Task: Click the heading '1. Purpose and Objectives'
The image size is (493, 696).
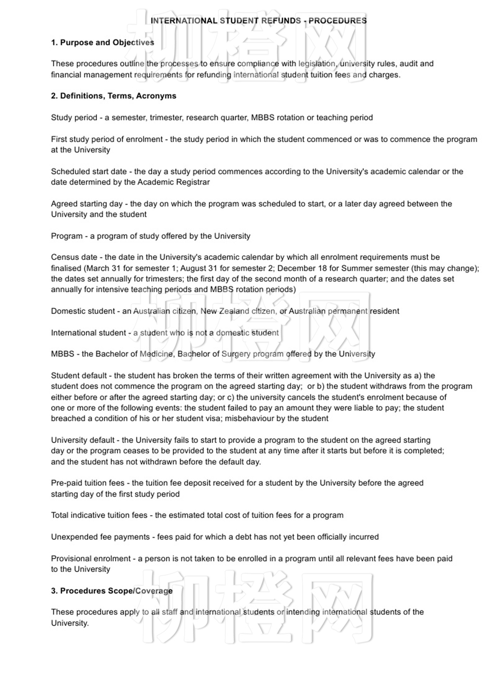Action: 102,43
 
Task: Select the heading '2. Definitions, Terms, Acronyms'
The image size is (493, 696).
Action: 113,96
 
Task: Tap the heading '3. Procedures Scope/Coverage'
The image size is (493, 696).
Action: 112,591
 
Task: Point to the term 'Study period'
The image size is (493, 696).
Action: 74,118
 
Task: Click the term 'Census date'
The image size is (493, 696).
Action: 74,258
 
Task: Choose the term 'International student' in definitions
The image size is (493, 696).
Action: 88,333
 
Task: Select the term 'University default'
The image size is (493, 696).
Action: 83,440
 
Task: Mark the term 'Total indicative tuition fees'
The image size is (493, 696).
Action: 99,515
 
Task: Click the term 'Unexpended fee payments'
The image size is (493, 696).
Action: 100,537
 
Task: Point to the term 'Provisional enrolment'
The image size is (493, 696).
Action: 91,559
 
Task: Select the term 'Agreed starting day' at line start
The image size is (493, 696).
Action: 87,204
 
